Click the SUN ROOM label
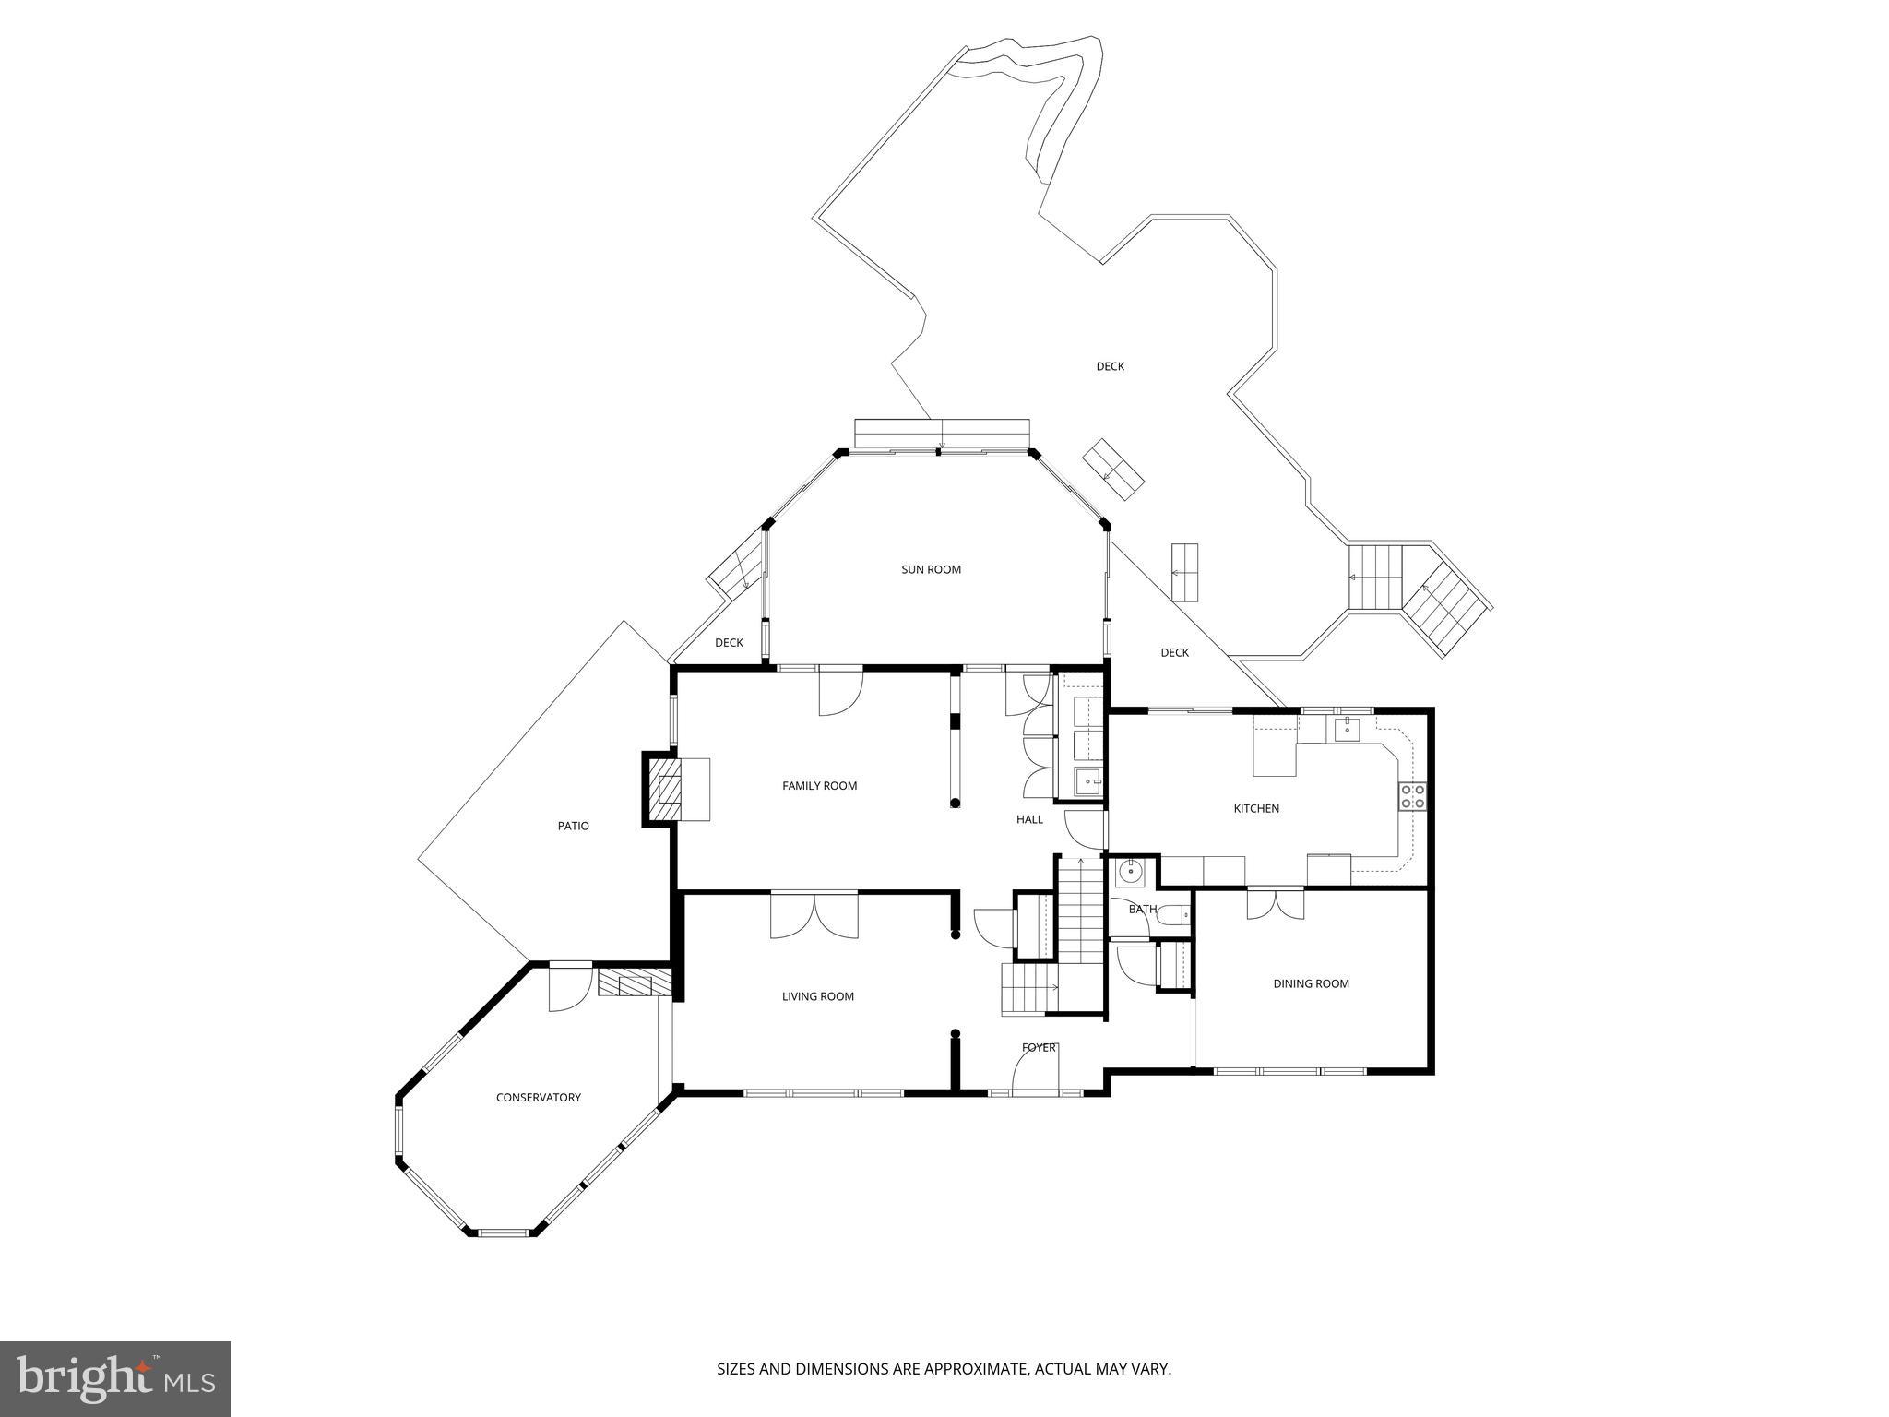[931, 569]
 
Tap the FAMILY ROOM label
[819, 786]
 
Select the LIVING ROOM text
[817, 996]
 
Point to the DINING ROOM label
[1311, 983]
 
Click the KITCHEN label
[1256, 808]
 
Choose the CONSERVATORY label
[538, 1097]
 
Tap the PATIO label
[573, 826]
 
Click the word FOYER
[1039, 1047]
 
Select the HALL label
[1029, 819]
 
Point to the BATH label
[1142, 909]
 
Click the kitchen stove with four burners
[1412, 796]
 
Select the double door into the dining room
[1276, 903]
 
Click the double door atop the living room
[814, 915]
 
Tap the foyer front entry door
[1035, 1074]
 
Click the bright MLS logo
[114, 1378]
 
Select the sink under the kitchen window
[1348, 729]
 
